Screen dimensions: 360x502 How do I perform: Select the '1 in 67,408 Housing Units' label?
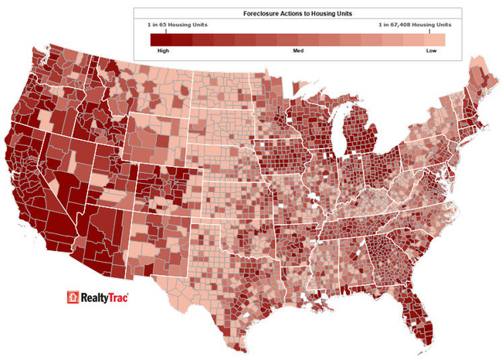pos(415,25)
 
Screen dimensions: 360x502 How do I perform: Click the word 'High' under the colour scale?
pos(163,50)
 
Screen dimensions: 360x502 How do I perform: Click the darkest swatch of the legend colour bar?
pos(158,39)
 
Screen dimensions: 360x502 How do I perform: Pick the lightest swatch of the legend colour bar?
pos(439,39)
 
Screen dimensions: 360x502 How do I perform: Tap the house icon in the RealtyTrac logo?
pos(73,297)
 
